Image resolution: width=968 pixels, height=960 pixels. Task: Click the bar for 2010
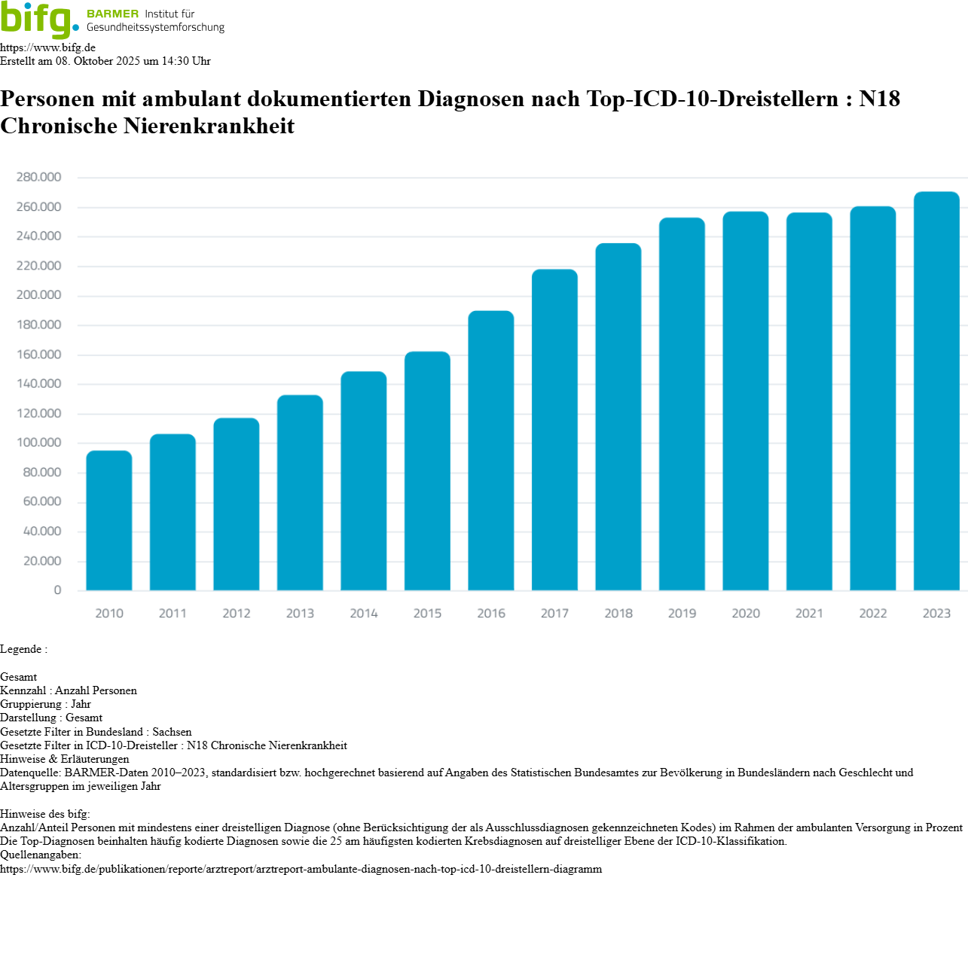point(109,520)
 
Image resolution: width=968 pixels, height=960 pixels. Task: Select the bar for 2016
point(491,450)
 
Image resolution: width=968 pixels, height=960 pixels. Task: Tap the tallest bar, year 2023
point(936,391)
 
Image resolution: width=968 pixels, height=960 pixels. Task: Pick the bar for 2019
point(682,404)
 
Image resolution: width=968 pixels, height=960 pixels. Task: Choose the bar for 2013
point(300,492)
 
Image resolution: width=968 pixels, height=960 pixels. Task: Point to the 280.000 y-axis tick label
point(38,178)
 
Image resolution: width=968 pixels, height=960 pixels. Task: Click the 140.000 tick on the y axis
point(38,384)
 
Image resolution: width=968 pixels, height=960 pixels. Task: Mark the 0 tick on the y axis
point(57,591)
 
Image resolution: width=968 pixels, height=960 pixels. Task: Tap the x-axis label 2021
point(809,614)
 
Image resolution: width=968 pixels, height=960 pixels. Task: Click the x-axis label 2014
point(364,614)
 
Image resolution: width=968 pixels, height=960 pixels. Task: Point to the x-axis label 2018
point(618,614)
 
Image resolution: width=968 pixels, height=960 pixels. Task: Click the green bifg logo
point(38,20)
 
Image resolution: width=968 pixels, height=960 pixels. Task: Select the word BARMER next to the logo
point(112,14)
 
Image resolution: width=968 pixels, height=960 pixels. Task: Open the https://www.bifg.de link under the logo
point(47,47)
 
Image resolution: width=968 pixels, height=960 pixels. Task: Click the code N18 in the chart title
point(879,99)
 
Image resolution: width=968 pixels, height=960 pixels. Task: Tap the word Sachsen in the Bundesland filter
point(172,732)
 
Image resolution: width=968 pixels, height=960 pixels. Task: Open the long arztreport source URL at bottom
point(301,869)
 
